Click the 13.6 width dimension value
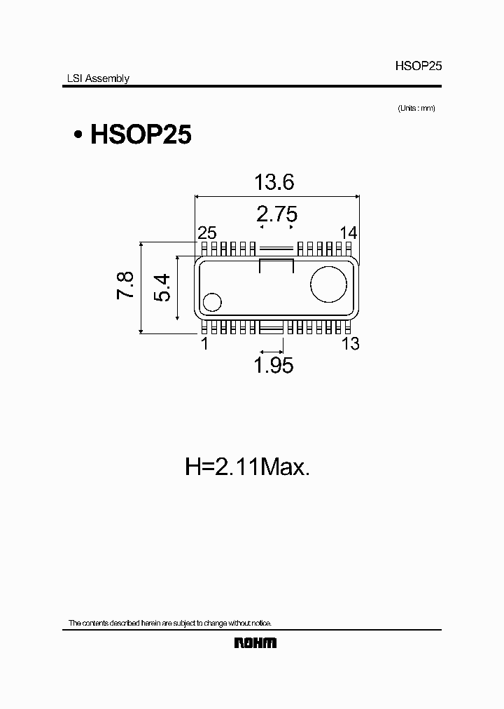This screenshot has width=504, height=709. (x=274, y=183)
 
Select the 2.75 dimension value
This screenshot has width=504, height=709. (x=276, y=214)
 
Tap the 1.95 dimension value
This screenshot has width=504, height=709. (x=273, y=365)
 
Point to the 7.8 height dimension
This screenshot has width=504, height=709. (x=125, y=287)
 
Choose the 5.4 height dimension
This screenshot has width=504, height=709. (x=162, y=288)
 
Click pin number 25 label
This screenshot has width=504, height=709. (x=207, y=233)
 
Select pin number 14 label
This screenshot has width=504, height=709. (x=349, y=233)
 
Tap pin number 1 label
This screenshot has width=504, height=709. (x=204, y=343)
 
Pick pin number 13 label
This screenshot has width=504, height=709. (x=350, y=343)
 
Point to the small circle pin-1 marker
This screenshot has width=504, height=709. (x=211, y=302)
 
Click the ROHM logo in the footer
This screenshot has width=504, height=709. (x=255, y=642)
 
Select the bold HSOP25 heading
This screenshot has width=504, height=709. (x=141, y=135)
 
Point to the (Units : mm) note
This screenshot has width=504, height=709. (x=416, y=108)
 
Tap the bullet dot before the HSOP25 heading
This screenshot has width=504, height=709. (x=79, y=135)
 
